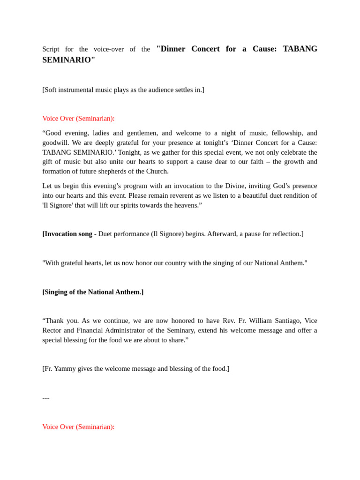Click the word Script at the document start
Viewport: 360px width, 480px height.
(51, 49)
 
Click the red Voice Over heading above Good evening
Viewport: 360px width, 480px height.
(78, 119)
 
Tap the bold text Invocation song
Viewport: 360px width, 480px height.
(67, 234)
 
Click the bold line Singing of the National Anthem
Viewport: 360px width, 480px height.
(93, 292)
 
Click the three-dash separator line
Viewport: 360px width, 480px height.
(46, 398)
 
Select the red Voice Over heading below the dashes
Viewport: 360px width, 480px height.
(78, 427)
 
